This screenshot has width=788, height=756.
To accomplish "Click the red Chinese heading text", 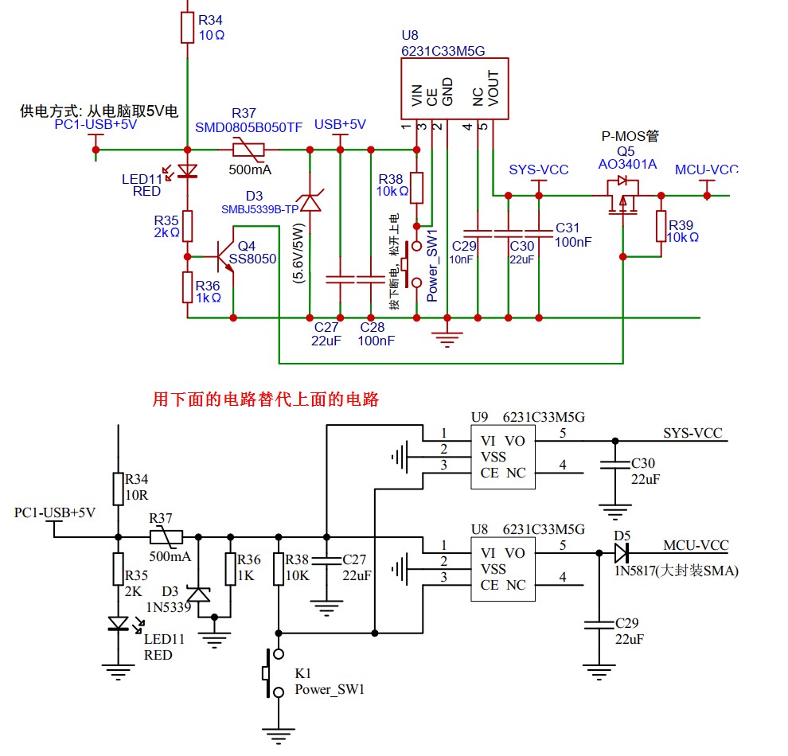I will click(x=265, y=399).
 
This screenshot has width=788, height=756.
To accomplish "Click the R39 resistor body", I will click(x=660, y=226).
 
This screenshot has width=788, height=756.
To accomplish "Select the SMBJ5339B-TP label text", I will click(x=260, y=208).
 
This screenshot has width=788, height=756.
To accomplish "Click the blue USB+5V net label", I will click(x=340, y=125).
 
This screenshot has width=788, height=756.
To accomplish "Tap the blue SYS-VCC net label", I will click(x=539, y=170).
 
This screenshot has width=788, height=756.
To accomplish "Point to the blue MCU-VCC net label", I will click(x=706, y=170).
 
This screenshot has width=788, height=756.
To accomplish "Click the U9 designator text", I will click(x=479, y=416).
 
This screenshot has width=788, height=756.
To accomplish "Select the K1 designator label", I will click(x=303, y=673).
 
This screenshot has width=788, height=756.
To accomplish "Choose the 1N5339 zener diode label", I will click(x=169, y=606).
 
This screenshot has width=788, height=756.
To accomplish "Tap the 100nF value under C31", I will click(x=573, y=242).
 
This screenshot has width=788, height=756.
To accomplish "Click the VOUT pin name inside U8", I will click(x=493, y=88).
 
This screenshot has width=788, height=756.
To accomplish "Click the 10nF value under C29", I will click(x=462, y=259).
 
